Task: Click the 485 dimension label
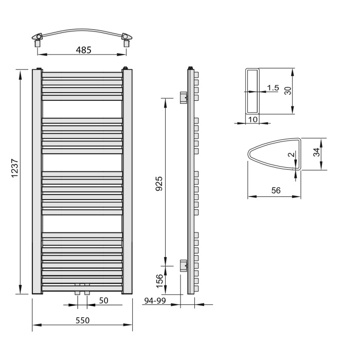click(83, 50)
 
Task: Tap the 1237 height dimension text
click(15, 168)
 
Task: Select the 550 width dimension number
click(82, 320)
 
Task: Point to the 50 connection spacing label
click(103, 300)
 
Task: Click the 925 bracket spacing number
click(159, 184)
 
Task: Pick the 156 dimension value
click(159, 281)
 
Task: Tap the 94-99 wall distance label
click(155, 300)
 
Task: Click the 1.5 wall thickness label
click(273, 88)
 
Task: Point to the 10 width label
click(253, 119)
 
